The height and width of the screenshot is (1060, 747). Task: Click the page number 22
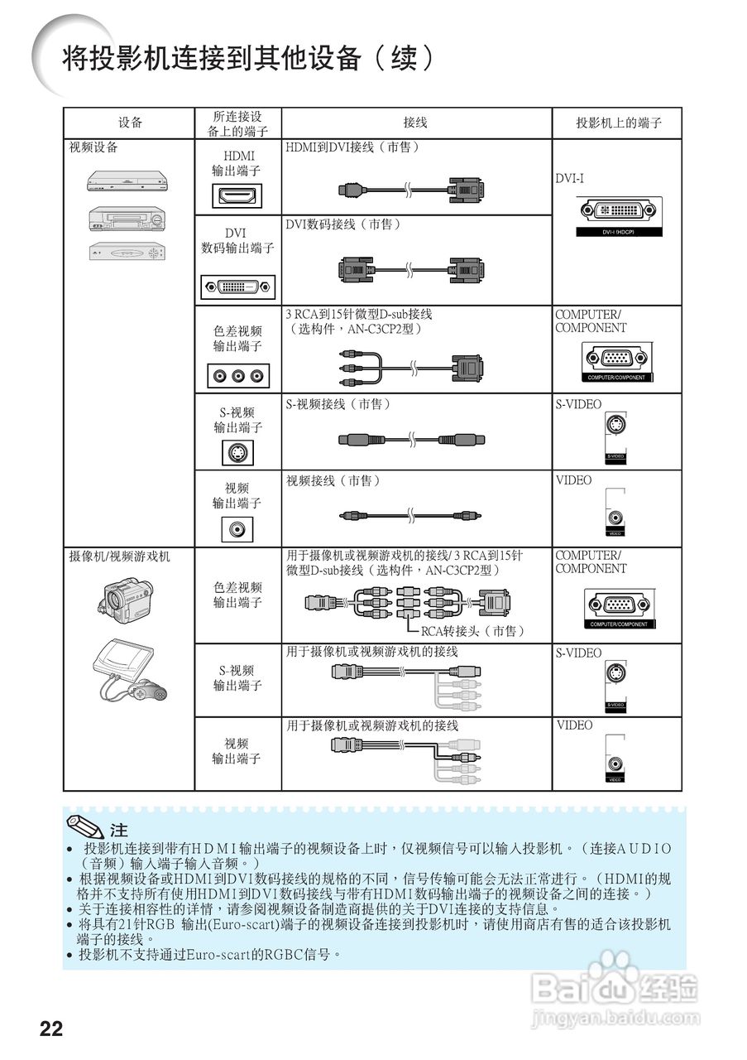51,1029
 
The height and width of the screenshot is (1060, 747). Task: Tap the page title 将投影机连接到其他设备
248,58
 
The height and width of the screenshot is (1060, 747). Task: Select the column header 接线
415,123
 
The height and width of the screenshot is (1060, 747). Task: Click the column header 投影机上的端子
619,123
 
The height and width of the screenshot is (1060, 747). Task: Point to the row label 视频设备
93,147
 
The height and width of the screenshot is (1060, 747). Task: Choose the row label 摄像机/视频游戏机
119,556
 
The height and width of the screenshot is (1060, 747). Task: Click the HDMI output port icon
238,196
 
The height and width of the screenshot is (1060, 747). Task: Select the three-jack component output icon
238,376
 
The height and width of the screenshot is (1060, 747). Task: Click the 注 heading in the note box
119,830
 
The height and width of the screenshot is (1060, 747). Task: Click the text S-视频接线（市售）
338,404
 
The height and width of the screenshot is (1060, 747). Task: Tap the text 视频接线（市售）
333,480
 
